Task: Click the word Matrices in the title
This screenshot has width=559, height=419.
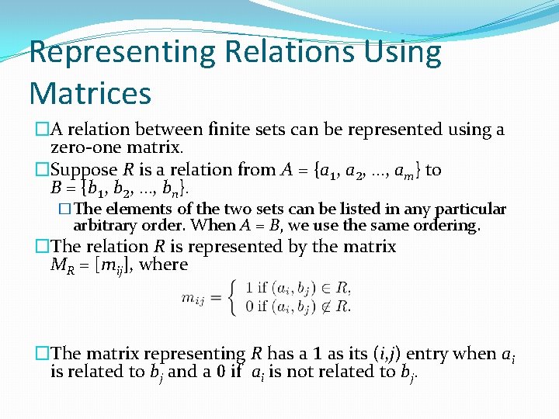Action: (90, 93)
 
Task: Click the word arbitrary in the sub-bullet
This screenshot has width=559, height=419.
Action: (105, 226)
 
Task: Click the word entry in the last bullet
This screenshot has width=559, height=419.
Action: (423, 354)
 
